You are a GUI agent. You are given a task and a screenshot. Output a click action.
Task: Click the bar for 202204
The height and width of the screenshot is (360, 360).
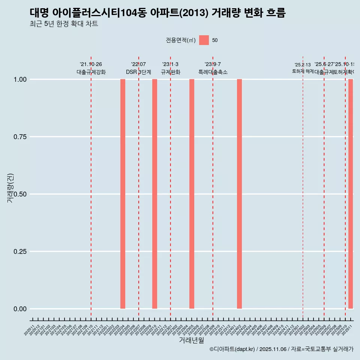[123, 194]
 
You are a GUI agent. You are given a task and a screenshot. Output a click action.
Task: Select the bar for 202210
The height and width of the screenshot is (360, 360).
[154, 194]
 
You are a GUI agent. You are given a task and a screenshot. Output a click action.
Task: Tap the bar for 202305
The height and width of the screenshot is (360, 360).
[192, 194]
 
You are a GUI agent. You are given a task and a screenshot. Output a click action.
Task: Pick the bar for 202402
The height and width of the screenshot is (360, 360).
[239, 194]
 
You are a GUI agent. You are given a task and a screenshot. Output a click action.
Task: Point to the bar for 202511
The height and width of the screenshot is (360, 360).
[351, 194]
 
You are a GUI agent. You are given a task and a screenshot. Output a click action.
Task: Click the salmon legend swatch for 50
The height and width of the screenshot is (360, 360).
[204, 40]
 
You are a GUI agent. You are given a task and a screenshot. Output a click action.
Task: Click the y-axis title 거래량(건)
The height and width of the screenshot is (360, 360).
[10, 188]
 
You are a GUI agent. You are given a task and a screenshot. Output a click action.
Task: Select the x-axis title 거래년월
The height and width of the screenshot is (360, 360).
[191, 340]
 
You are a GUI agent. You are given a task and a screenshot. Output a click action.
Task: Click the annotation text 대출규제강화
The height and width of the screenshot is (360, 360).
[91, 72]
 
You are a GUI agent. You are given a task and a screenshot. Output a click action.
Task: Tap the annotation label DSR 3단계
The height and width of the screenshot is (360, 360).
[138, 72]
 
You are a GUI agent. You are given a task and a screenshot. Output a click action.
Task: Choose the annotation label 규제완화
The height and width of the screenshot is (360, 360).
[171, 72]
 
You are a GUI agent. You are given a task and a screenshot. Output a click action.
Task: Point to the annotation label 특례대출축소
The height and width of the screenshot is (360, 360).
[213, 72]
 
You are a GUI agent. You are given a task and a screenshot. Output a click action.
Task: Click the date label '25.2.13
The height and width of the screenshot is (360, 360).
[303, 65]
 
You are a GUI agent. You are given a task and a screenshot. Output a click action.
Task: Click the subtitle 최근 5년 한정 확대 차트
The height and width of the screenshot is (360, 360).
[64, 24]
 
